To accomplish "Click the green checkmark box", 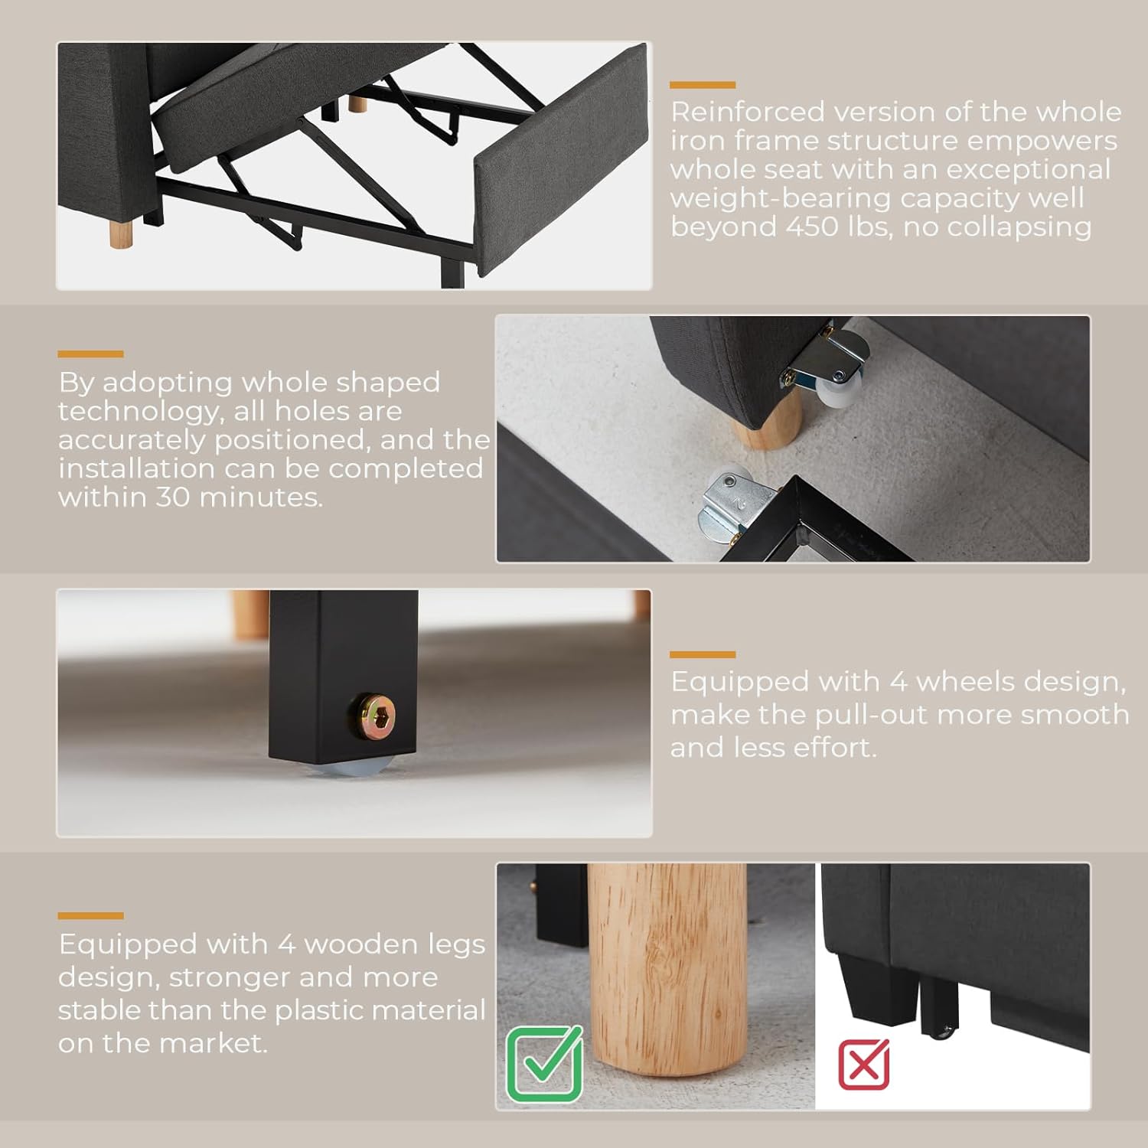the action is pyautogui.click(x=544, y=1064).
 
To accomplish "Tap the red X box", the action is pyautogui.click(x=864, y=1064).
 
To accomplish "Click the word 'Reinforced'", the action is pyautogui.click(x=747, y=112).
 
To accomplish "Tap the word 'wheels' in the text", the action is pyautogui.click(x=965, y=681).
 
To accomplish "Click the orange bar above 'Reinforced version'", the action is pyautogui.click(x=703, y=85).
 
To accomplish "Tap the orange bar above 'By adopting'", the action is pyautogui.click(x=90, y=354).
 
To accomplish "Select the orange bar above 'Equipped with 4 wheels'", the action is pyautogui.click(x=703, y=655).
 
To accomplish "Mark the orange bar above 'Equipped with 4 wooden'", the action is pyautogui.click(x=90, y=916).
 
